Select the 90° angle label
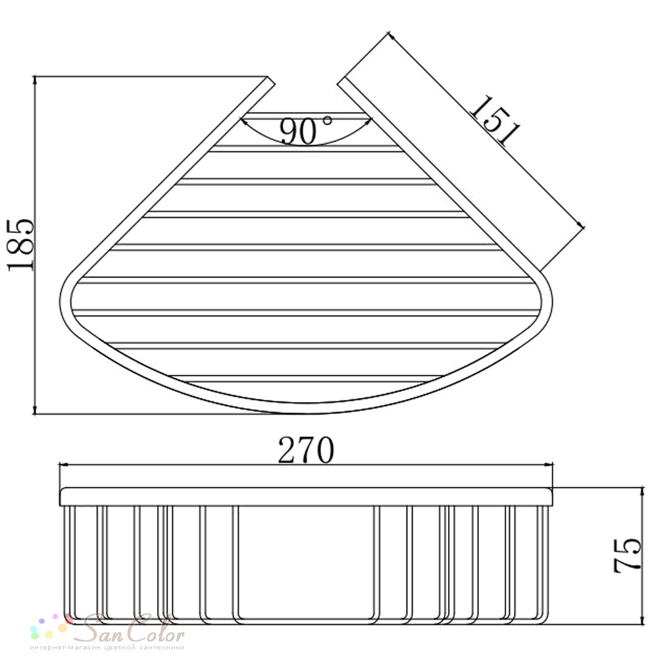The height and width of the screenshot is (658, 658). click(x=305, y=130)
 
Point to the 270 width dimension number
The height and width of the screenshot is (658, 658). click(x=306, y=450)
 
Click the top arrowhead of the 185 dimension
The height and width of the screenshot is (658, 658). click(x=35, y=81)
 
